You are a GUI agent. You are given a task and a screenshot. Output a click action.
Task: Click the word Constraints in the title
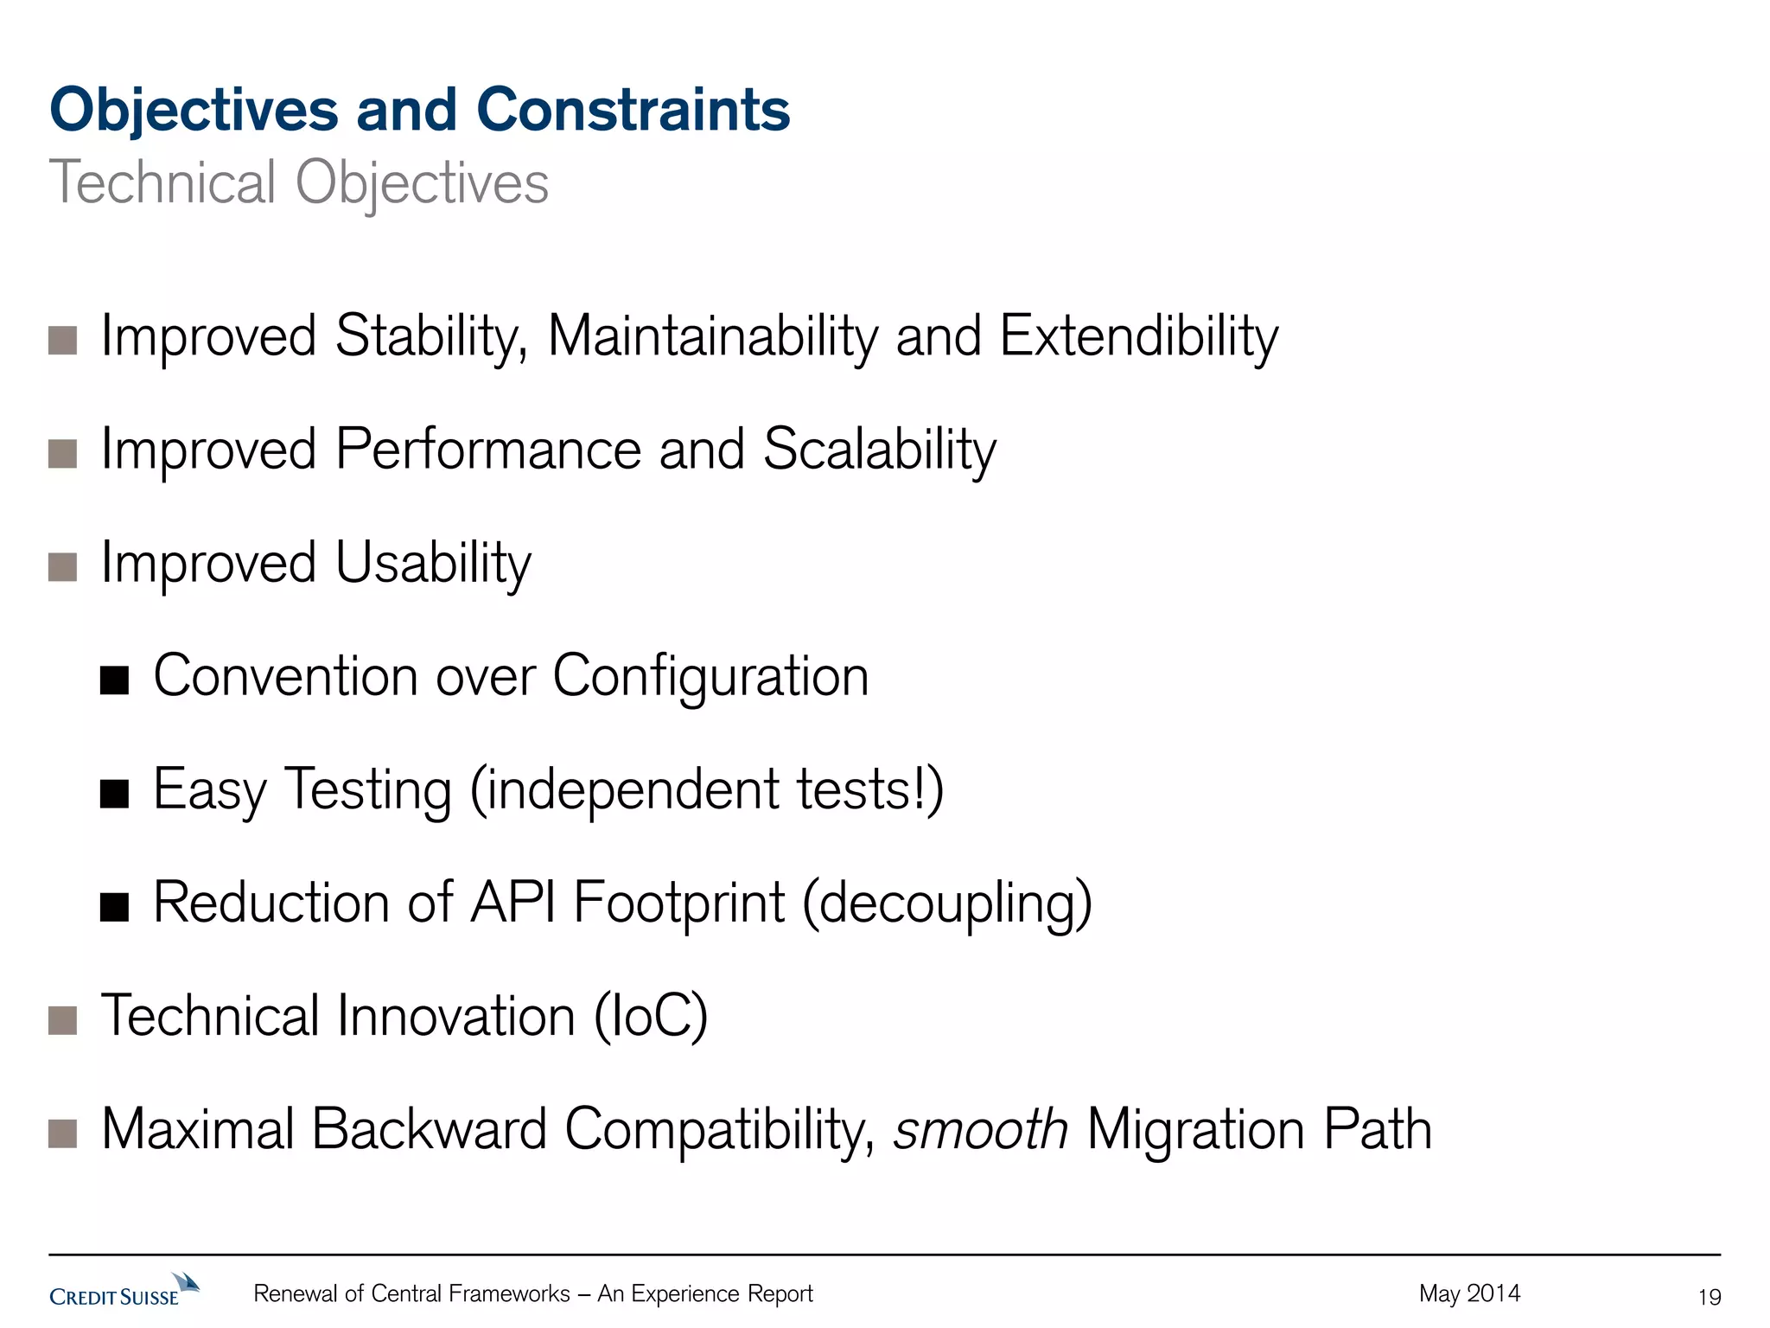click(x=633, y=110)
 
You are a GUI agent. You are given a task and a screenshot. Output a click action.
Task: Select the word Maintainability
click(x=713, y=336)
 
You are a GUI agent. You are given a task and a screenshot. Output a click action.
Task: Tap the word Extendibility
click(x=1138, y=336)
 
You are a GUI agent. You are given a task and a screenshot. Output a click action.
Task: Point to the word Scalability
click(x=879, y=450)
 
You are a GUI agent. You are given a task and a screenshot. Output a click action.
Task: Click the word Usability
click(x=433, y=564)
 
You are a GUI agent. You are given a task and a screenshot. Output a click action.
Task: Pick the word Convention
click(x=286, y=675)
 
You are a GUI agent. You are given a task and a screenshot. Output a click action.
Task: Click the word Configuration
click(x=710, y=675)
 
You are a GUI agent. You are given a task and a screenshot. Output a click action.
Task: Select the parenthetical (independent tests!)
click(x=706, y=789)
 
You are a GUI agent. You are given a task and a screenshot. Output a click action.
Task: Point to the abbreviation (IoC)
click(x=651, y=1016)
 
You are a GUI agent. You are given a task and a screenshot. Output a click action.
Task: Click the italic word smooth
click(x=980, y=1129)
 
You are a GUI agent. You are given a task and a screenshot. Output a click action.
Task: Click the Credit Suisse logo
click(x=124, y=1290)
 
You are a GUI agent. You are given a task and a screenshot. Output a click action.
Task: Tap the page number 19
click(x=1709, y=1297)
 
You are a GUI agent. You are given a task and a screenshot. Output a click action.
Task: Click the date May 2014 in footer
click(x=1469, y=1293)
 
